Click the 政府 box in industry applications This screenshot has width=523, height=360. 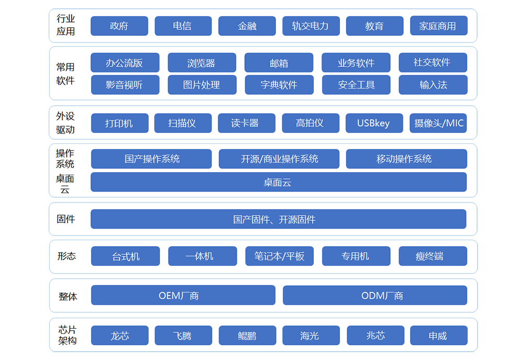pyautogui.click(x=119, y=26)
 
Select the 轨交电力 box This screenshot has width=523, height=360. pyautogui.click(x=311, y=26)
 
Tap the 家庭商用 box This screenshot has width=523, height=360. pyautogui.click(x=439, y=26)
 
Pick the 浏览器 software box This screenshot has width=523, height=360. pyautogui.click(x=202, y=62)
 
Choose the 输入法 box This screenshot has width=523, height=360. pyautogui.click(x=433, y=85)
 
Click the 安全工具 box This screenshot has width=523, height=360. pyautogui.click(x=356, y=85)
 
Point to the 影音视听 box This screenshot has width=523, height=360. pyautogui.click(x=125, y=85)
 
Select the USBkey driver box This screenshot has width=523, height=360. pyautogui.click(x=374, y=123)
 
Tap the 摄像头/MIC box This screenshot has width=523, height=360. pyautogui.click(x=438, y=123)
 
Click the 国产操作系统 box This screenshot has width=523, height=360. pyautogui.click(x=152, y=159)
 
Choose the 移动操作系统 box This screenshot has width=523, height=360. pyautogui.click(x=406, y=159)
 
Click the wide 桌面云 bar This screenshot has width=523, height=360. pyautogui.click(x=279, y=182)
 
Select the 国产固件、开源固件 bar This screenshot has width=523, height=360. pyautogui.click(x=279, y=219)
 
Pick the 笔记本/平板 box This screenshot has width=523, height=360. pyautogui.click(x=279, y=256)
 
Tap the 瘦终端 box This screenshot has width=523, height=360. pyautogui.click(x=433, y=256)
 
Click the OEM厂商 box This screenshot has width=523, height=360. pyautogui.click(x=183, y=295)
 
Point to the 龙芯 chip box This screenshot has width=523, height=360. pyautogui.click(x=120, y=335)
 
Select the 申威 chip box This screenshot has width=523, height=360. pyautogui.click(x=439, y=335)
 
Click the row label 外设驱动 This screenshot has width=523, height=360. pyautogui.click(x=65, y=123)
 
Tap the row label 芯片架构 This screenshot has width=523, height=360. pyautogui.click(x=67, y=335)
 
